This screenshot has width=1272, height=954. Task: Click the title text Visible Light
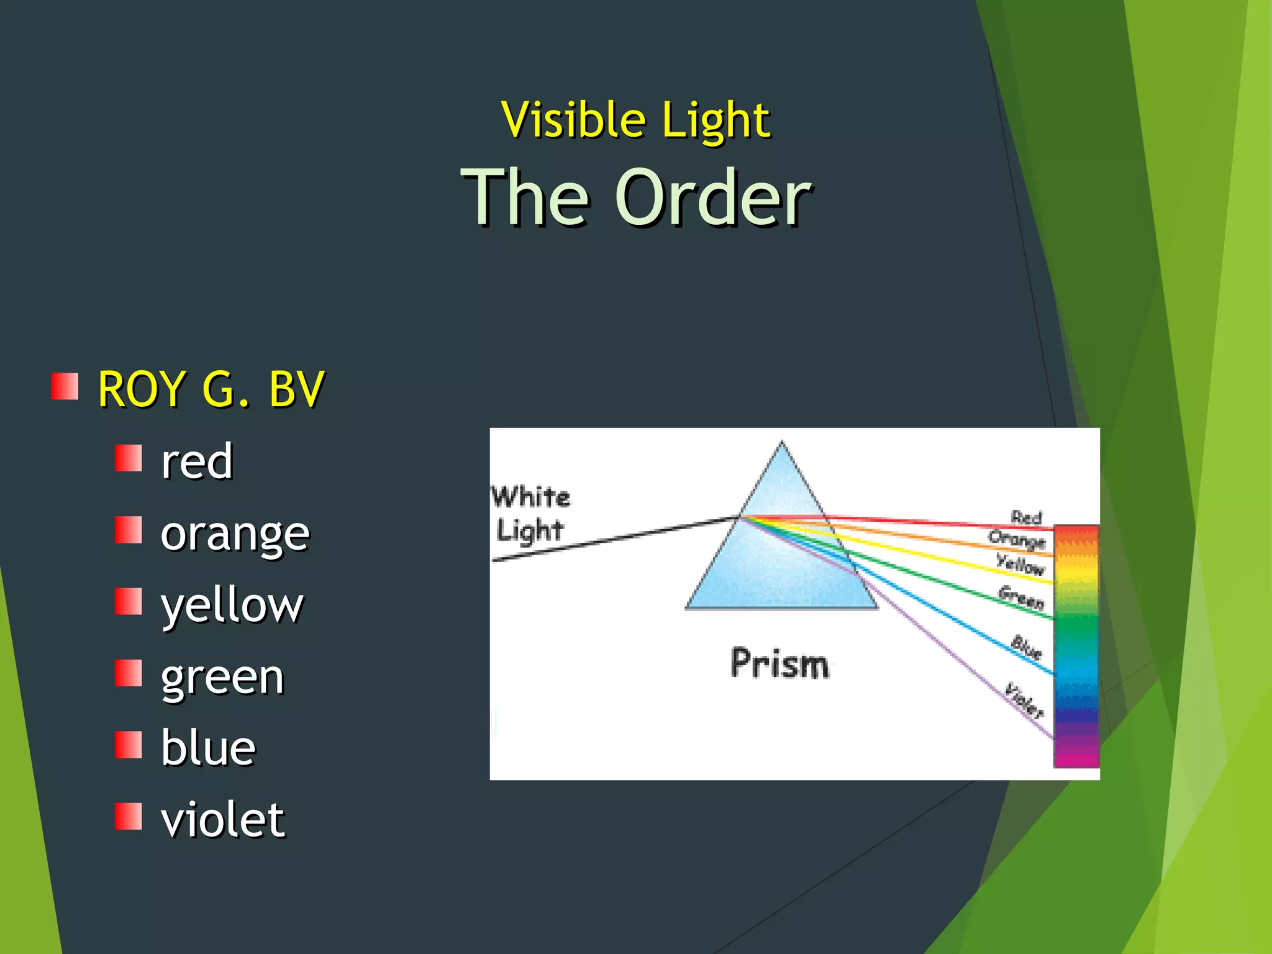(x=635, y=119)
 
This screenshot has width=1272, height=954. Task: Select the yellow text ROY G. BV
(x=211, y=389)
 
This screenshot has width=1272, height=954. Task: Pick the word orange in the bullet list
(x=235, y=534)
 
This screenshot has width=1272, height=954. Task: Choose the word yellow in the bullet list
(x=232, y=605)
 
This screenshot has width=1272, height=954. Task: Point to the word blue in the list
(x=208, y=748)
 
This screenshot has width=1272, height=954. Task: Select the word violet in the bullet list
(x=222, y=820)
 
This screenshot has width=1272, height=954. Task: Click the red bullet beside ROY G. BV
(x=65, y=386)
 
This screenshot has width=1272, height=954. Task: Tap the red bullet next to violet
(x=129, y=816)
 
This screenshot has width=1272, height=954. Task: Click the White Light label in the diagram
(x=530, y=514)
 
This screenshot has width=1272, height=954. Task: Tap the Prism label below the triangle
(x=779, y=663)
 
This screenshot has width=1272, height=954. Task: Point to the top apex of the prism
(x=782, y=444)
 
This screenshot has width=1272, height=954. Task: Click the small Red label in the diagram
(x=1026, y=517)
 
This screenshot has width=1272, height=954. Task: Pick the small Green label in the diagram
(x=1021, y=597)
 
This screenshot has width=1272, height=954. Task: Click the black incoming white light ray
(x=615, y=538)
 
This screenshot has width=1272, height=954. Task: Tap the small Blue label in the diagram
(x=1026, y=647)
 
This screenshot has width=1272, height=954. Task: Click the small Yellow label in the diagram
(x=1020, y=564)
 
